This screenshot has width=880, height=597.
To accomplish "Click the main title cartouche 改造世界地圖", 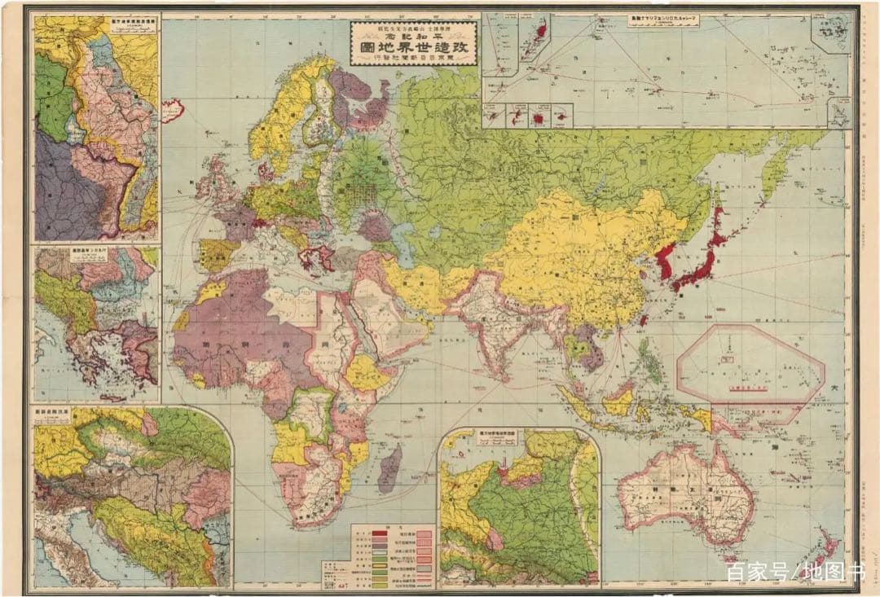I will click(x=415, y=53).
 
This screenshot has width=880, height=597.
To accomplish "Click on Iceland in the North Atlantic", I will click(x=172, y=110).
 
